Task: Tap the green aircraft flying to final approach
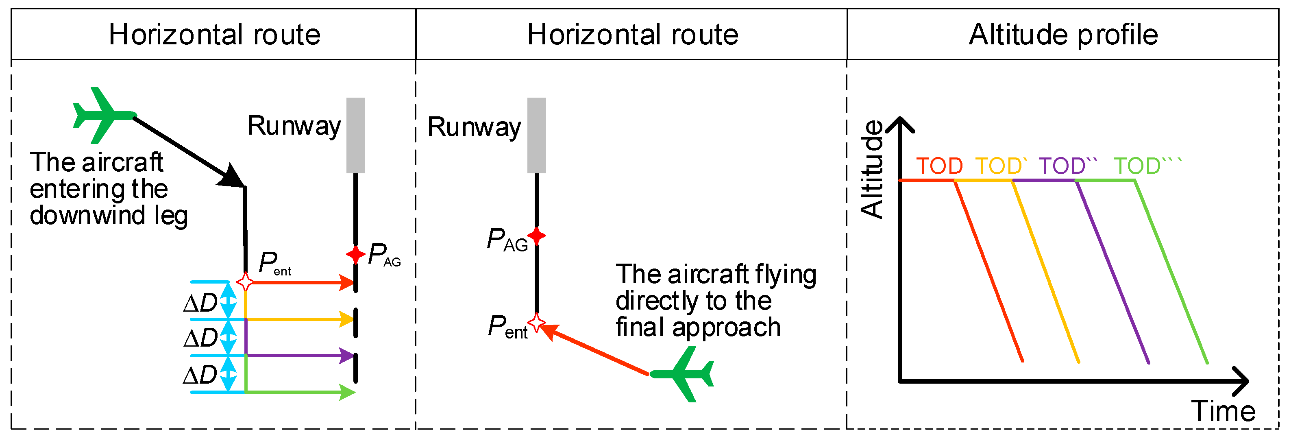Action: point(684,374)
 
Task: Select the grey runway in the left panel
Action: point(355,135)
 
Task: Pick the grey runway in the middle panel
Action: point(536,135)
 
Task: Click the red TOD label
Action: point(939,166)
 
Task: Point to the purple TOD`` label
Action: point(1067,166)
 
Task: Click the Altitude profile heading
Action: point(1063,35)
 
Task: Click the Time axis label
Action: point(1223,411)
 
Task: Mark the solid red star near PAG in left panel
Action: point(355,254)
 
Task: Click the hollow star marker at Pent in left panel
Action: point(245,282)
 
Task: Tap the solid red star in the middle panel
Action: point(536,235)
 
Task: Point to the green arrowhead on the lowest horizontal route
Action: point(347,392)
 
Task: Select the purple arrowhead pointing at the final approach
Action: point(347,356)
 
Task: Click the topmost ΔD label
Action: point(200,303)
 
